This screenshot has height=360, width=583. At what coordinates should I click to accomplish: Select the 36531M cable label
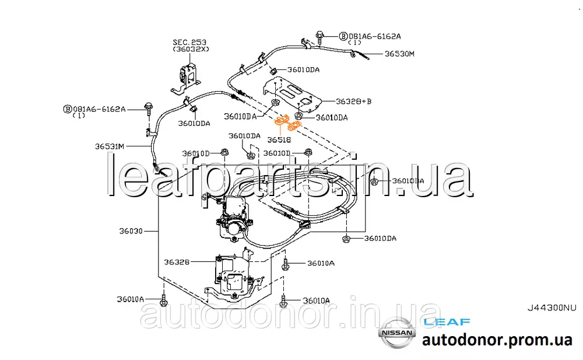[110, 146]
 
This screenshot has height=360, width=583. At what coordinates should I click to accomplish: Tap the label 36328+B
[353, 102]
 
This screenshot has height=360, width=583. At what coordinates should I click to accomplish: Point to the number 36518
[280, 140]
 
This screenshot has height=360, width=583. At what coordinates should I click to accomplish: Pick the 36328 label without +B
[175, 262]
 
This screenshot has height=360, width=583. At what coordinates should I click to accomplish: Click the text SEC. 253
[189, 43]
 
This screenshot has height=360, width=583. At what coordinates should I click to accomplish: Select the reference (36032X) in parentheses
[189, 50]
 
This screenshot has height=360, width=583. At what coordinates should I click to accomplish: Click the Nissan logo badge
[397, 333]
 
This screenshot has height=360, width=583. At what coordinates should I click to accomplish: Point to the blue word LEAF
[447, 321]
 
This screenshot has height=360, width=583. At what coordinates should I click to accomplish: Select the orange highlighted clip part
[287, 124]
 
